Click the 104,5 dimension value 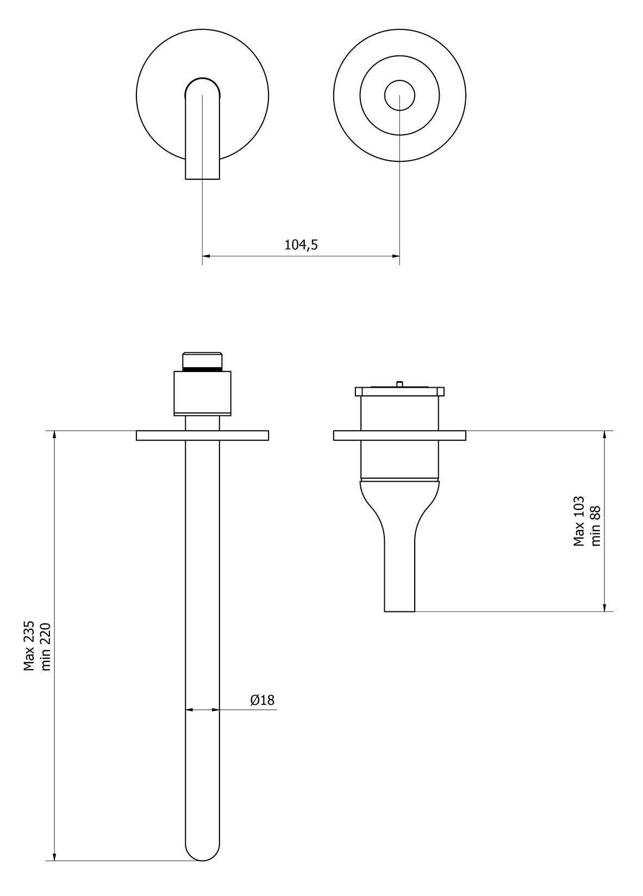[301, 245]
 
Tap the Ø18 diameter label [262, 700]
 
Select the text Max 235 [29, 646]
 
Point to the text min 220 [46, 646]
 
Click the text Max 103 [579, 521]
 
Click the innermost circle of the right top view [399, 96]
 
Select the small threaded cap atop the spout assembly [203, 361]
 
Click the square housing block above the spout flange [203, 393]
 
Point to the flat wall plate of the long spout [245, 436]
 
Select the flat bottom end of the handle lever [399, 611]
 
